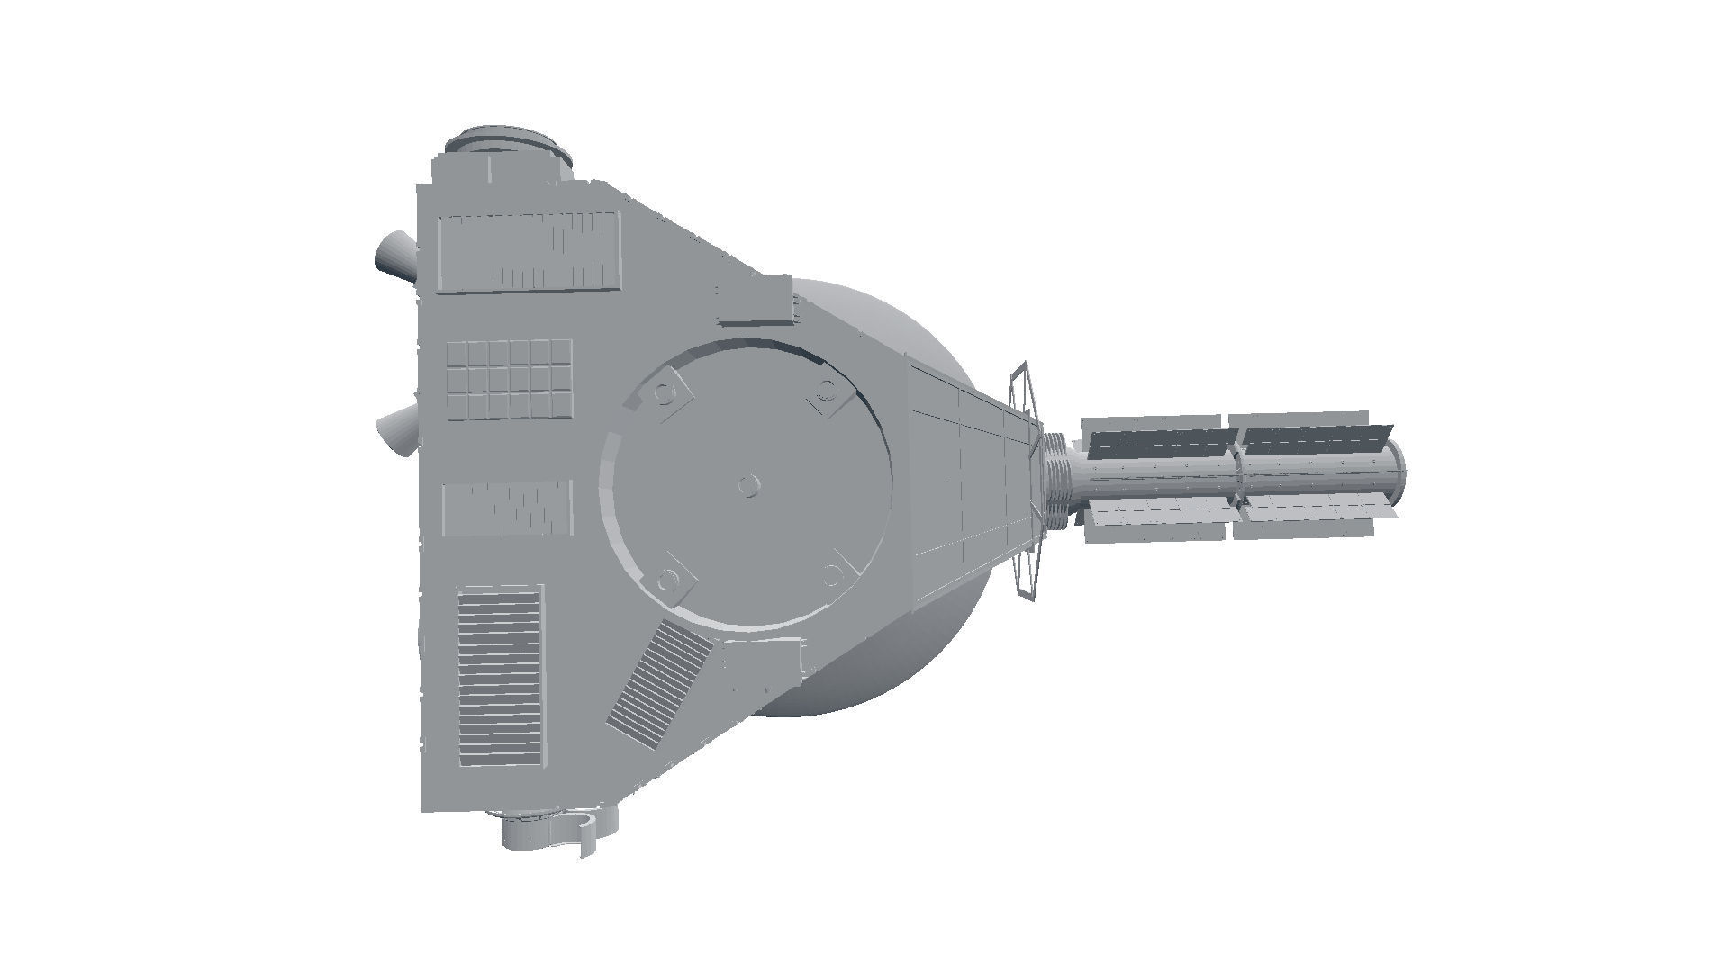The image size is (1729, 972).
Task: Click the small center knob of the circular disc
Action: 747,486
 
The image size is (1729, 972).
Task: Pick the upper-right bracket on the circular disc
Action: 827,393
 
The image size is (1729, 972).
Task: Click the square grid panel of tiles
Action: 511,379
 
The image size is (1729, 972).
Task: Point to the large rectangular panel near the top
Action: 530,252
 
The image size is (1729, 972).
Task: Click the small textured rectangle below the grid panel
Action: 508,508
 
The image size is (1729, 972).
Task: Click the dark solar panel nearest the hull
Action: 1162,443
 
